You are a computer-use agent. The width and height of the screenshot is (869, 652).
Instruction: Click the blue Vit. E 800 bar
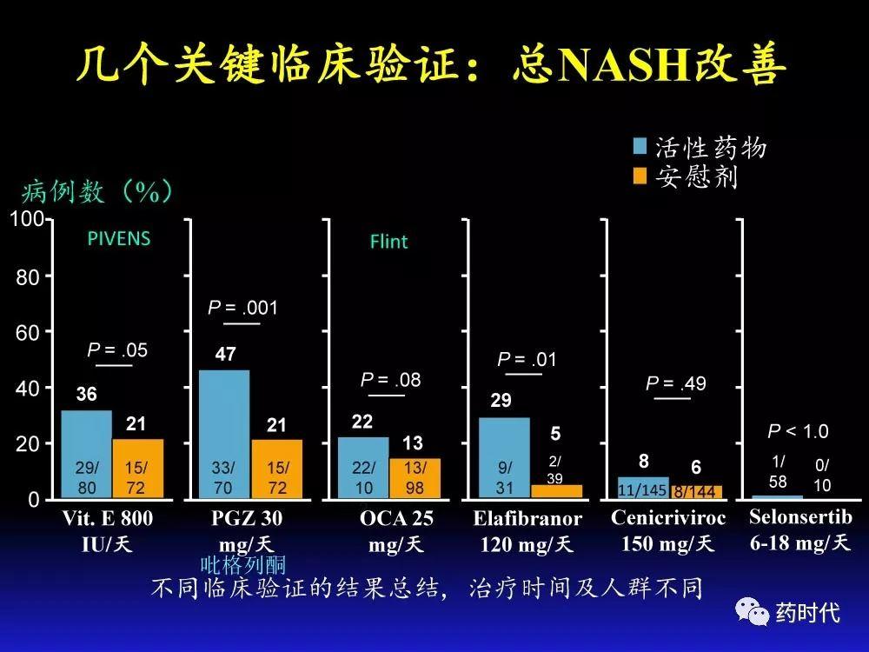(x=87, y=454)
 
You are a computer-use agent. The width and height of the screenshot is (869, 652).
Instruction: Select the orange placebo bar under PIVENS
(x=138, y=469)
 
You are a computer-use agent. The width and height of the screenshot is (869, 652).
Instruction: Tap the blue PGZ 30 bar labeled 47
(x=224, y=434)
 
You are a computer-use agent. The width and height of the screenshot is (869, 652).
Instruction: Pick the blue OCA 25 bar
(x=363, y=468)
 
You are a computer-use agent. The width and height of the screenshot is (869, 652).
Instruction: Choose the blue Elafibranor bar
(x=504, y=458)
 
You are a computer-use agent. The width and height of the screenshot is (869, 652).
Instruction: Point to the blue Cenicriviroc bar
(x=643, y=488)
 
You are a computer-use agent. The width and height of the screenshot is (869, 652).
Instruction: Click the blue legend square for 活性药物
(x=640, y=146)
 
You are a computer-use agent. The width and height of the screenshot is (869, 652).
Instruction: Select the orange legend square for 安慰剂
(x=640, y=176)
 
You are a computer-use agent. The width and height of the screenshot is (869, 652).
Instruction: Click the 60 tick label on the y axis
(x=28, y=332)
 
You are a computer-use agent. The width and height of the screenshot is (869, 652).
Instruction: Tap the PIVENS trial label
(x=119, y=238)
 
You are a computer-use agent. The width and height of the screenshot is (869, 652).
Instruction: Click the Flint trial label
(x=388, y=241)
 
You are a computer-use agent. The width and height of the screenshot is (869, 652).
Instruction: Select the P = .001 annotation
(x=242, y=307)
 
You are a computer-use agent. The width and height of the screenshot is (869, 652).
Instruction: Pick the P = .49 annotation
(x=676, y=383)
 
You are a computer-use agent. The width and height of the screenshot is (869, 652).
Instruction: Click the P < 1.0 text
(x=798, y=431)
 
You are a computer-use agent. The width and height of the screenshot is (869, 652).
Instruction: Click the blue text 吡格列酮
(x=243, y=566)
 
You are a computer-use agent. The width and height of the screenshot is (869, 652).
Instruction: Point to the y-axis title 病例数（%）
(x=97, y=190)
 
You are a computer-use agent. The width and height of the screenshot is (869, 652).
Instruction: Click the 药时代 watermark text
(x=807, y=613)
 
